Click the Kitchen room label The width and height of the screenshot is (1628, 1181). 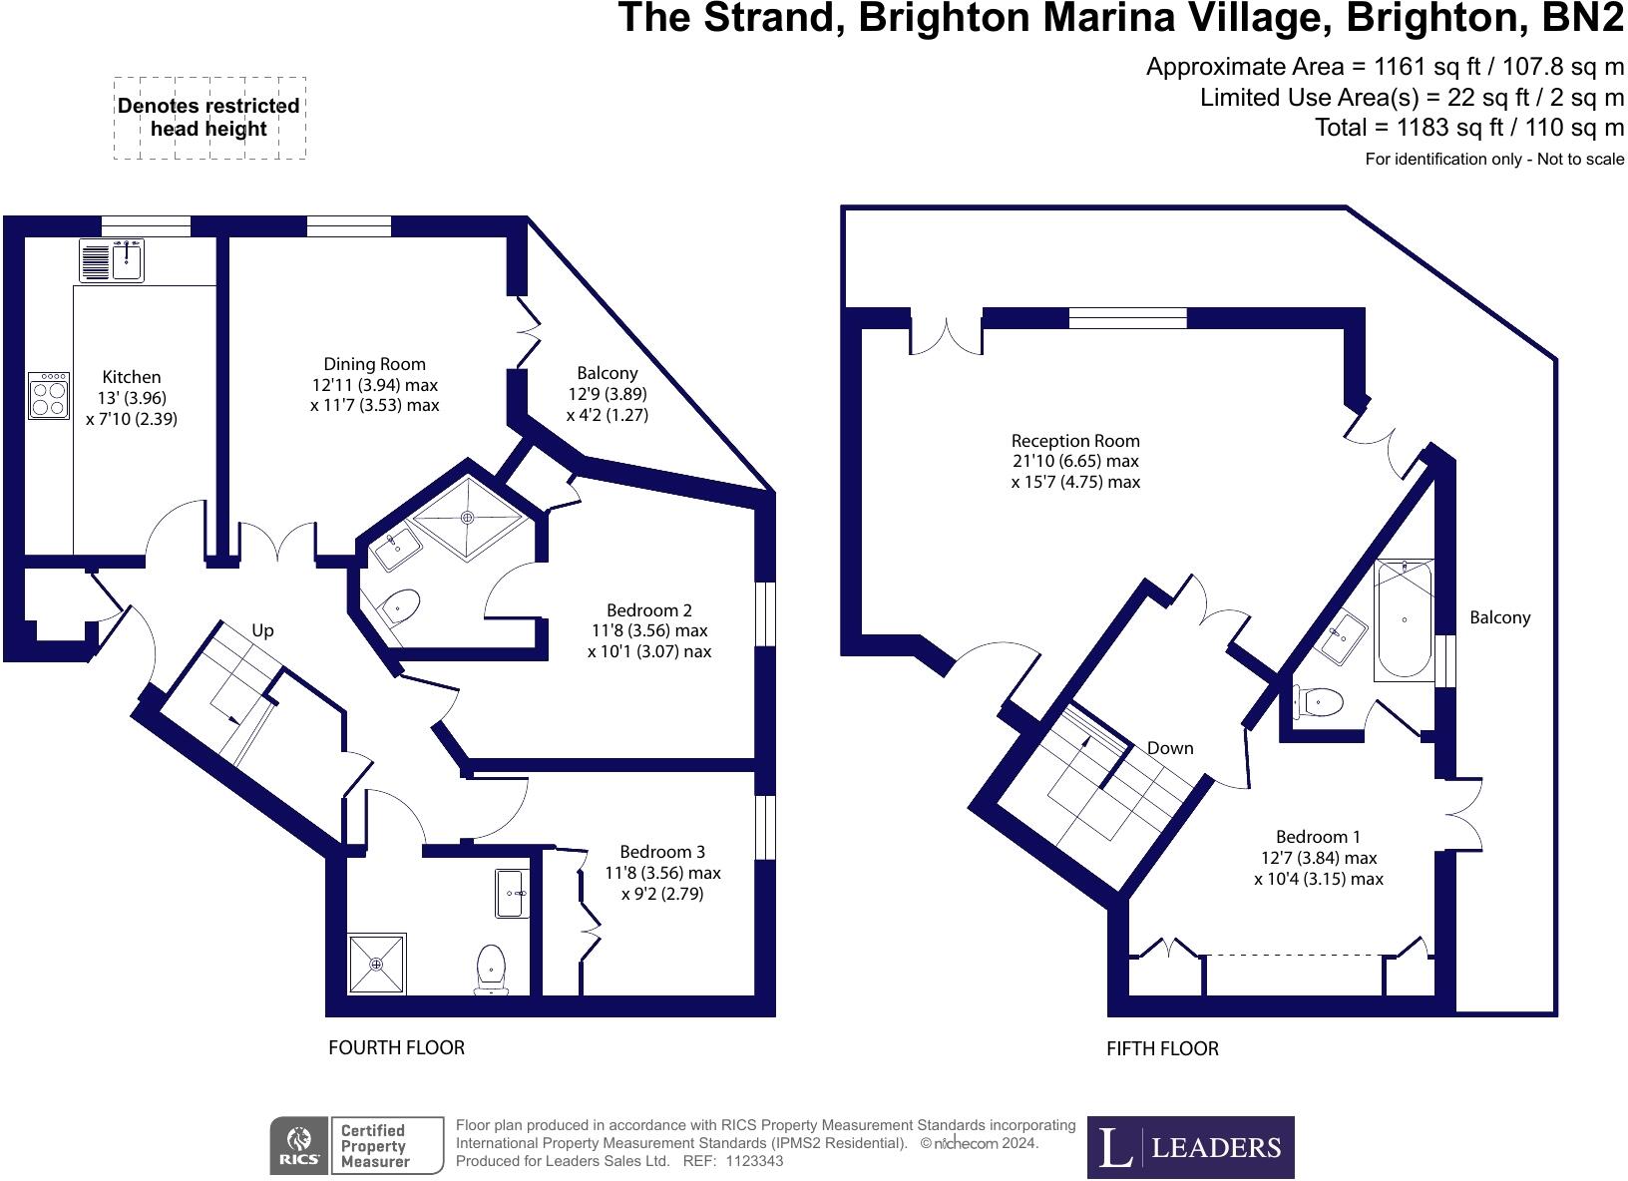point(132,378)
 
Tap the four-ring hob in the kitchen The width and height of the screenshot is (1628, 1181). point(49,395)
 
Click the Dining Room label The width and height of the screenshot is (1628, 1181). point(374,365)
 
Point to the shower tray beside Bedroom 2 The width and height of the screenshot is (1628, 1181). point(467,518)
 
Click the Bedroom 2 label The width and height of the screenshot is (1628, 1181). point(648,610)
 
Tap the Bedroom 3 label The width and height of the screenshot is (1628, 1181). point(662,852)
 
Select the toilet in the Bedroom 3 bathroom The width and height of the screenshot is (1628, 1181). point(491,968)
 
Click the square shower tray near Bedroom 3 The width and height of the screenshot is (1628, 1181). point(377,965)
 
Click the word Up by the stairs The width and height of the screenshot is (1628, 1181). point(262,630)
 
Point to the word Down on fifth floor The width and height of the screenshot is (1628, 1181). point(1169,748)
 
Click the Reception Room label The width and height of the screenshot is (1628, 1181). point(1074,441)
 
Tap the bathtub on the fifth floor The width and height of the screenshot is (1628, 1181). point(1404,619)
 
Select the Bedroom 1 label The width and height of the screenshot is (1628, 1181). point(1318,837)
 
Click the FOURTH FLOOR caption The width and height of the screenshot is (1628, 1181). point(396,1047)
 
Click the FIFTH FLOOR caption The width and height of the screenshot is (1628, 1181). point(1162,1048)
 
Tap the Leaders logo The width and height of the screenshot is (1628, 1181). point(1190,1147)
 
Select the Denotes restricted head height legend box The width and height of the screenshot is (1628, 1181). point(208,118)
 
